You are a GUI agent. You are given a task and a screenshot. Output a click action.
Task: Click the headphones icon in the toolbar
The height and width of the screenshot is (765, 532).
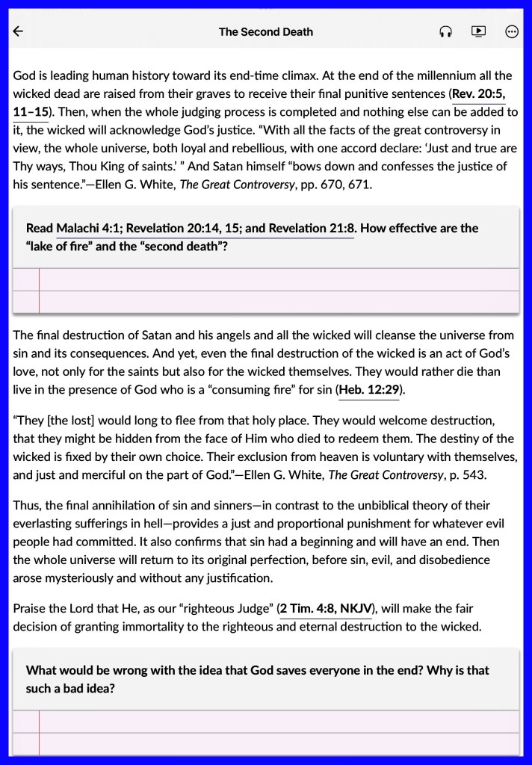(x=446, y=31)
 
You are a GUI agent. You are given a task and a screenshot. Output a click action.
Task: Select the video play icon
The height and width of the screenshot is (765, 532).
(x=478, y=31)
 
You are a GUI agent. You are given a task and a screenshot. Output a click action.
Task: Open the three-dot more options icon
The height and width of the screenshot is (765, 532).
(x=512, y=31)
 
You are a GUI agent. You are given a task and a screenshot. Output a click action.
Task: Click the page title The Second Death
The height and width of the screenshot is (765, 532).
(x=266, y=31)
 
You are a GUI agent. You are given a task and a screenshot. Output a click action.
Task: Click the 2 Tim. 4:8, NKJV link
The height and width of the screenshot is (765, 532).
(x=326, y=609)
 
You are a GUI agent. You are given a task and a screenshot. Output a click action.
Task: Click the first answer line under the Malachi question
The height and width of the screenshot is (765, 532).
(x=276, y=279)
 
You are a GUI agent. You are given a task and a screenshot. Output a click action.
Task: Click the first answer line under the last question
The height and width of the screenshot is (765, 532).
(x=276, y=721)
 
